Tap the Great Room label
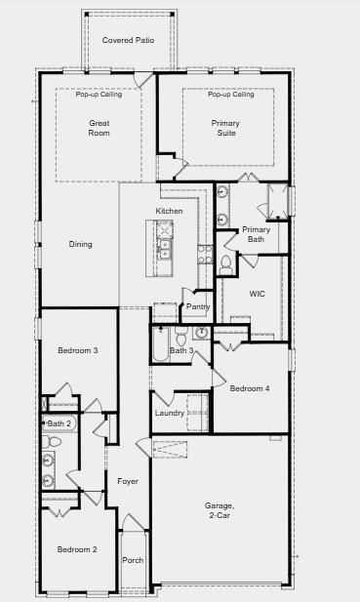[x=100, y=128]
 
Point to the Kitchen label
[x=169, y=212]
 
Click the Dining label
[x=80, y=244]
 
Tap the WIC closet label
[x=257, y=293]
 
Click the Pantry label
[x=198, y=306]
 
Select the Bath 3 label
[x=181, y=350]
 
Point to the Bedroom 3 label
[x=77, y=350]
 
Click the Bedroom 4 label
[x=250, y=388]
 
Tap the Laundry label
[x=169, y=414]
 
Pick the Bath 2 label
[x=59, y=423]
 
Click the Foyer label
[x=128, y=481]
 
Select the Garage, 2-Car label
[x=219, y=510]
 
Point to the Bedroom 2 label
[x=76, y=549]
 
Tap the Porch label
[x=132, y=560]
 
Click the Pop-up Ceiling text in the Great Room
[x=99, y=95]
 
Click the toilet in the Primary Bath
[x=226, y=262]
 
